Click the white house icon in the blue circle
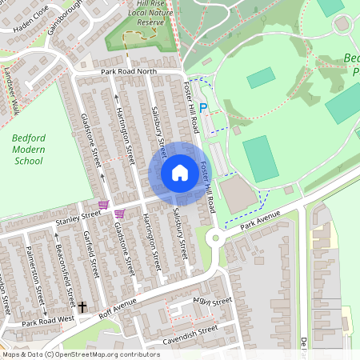tap(179, 173)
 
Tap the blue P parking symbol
tap(202, 108)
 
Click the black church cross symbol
tap(82, 306)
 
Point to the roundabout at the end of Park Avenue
tap(214, 238)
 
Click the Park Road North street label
tap(127, 72)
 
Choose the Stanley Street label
tap(78, 215)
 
